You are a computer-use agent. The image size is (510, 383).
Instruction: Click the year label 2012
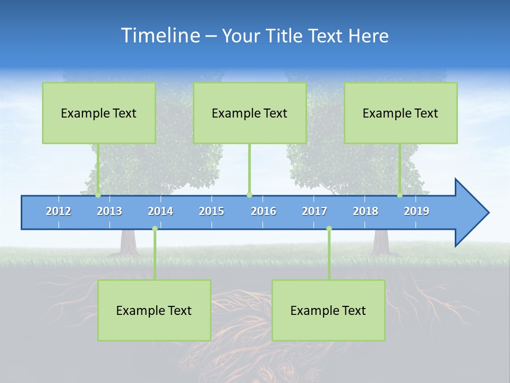pos(58,211)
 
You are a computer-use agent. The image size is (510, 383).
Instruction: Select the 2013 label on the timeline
pos(109,211)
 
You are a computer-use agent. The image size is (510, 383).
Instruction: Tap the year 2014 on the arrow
pos(160,211)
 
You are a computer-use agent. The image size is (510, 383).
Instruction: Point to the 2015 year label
pos(211,211)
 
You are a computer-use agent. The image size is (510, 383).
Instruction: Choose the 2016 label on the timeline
pos(263,211)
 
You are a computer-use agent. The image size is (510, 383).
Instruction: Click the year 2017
pos(314,211)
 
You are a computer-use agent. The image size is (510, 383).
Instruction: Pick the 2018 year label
pos(365,211)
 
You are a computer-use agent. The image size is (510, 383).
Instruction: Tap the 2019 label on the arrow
pos(416,211)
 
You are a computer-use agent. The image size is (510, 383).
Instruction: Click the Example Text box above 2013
pos(99,113)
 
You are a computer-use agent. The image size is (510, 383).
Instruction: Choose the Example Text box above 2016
pos(250,113)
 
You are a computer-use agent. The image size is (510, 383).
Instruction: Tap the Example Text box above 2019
pos(401,113)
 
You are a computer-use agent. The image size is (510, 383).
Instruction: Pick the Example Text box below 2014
pos(154,310)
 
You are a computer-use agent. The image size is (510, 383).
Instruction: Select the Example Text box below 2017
pos(328,310)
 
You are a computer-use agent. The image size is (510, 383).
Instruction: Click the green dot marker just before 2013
pos(98,195)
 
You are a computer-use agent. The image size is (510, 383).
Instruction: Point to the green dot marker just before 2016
pos(249,195)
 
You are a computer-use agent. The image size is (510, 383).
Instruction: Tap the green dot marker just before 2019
pos(400,195)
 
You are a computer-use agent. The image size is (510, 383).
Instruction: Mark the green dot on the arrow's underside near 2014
pos(155,229)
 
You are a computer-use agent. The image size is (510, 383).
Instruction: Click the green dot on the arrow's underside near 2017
pos(329,229)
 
